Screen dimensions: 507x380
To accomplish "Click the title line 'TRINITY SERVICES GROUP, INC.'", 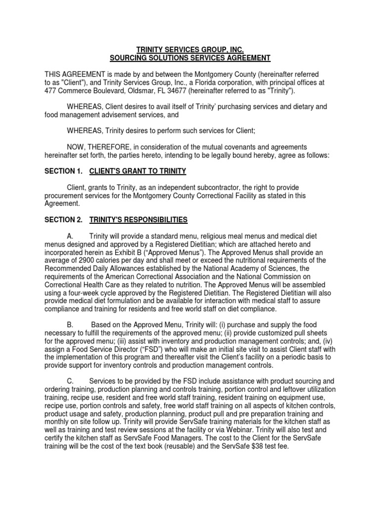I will (190, 50).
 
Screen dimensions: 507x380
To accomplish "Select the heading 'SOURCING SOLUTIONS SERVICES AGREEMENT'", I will (190, 58).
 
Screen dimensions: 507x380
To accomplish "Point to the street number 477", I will (51, 91).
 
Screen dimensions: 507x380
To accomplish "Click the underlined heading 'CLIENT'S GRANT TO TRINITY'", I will (138, 171).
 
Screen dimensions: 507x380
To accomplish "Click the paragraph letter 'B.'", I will (71, 324).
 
